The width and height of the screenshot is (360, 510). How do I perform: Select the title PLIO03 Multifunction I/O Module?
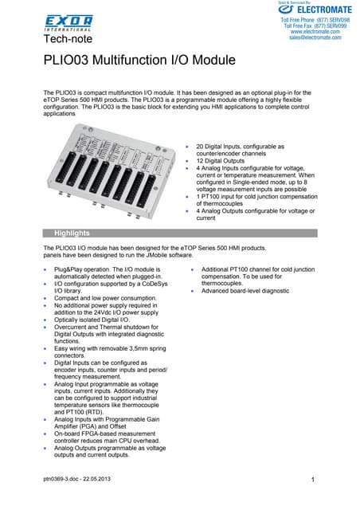tap(139, 61)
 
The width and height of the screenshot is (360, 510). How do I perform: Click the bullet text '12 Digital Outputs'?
tap(222, 162)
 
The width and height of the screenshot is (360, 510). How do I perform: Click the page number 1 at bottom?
tap(315, 479)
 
